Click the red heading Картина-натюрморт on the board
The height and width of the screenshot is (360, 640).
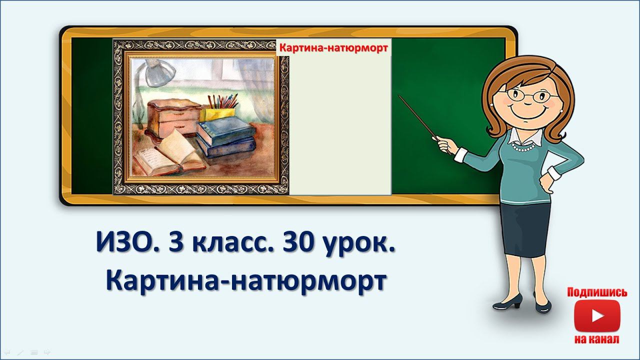[x=333, y=48]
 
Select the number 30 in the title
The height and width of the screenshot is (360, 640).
[x=299, y=243]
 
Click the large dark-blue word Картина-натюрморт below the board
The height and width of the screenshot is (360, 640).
[x=246, y=280]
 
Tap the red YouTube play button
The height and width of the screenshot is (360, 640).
[x=597, y=316]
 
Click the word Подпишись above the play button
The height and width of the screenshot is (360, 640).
[x=597, y=292]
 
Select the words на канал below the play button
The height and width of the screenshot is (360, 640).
[x=597, y=339]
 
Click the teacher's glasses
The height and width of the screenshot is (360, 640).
[x=526, y=95]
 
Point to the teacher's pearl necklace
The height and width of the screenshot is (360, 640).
[x=522, y=148]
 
